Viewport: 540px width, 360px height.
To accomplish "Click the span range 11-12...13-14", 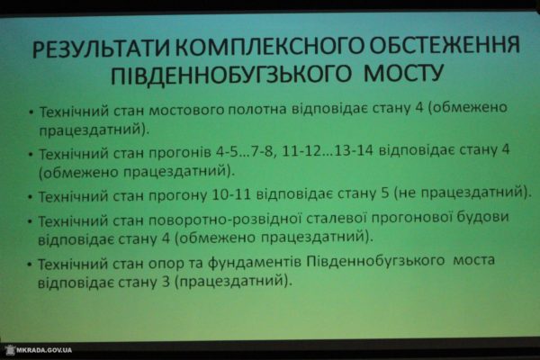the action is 327,151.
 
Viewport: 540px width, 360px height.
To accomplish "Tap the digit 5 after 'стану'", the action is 385,193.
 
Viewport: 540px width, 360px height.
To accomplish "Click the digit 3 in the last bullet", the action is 166,282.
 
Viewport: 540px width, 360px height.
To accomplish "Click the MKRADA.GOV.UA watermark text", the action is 44,350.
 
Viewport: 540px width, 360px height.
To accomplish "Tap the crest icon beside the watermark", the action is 10,350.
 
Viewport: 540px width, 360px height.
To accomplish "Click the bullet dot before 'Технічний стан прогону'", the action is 31,197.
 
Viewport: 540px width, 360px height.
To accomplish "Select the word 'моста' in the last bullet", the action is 474,260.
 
